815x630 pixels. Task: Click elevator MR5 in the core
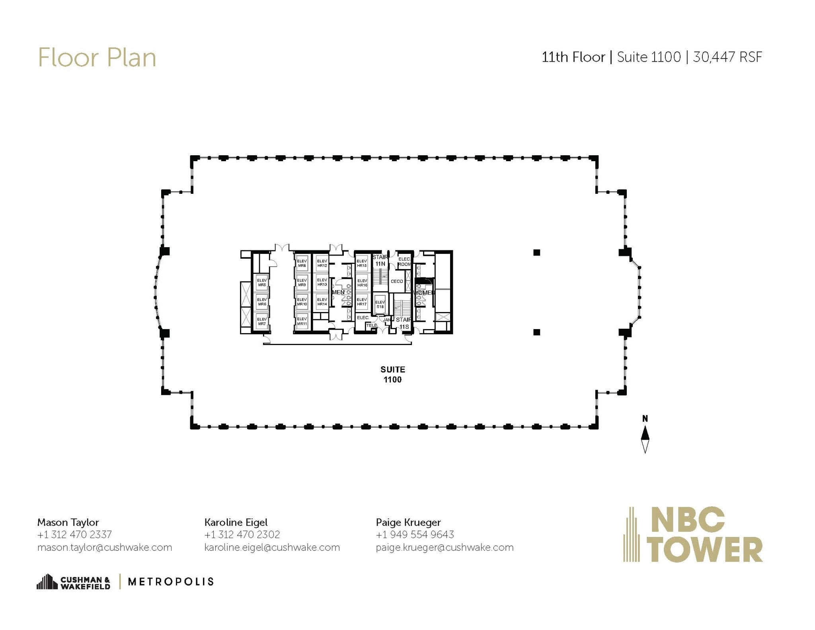coord(261,283)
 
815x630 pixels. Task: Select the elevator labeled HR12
coord(322,263)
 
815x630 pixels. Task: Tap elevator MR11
coord(302,321)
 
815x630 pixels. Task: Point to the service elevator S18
coord(380,304)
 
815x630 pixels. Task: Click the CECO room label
coord(397,281)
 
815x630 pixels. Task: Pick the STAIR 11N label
coord(380,260)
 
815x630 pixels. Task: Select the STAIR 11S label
coord(404,323)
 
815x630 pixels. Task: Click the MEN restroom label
coord(338,292)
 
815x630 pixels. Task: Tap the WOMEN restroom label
coord(423,293)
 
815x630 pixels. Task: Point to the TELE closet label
coord(371,325)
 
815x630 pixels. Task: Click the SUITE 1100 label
coord(392,374)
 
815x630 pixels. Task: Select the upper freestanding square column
coord(536,252)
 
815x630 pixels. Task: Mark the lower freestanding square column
coord(536,332)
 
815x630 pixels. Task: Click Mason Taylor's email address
coord(105,547)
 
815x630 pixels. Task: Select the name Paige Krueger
coord(408,522)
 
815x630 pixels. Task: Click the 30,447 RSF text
coord(727,57)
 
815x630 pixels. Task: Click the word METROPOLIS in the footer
coord(171,581)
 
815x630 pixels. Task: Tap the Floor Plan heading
coord(97,57)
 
